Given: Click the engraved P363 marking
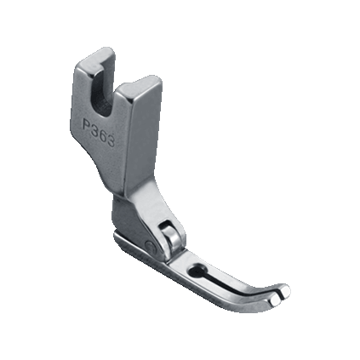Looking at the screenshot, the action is pos(99,132).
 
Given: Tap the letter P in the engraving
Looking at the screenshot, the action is pos(86,124).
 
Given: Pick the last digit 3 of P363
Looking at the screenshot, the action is pos(111,140).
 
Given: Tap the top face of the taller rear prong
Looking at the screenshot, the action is pos(96,59).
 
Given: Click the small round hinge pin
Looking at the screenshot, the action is pos(150,246).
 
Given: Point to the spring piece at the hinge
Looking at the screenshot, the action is pos(171,235).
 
